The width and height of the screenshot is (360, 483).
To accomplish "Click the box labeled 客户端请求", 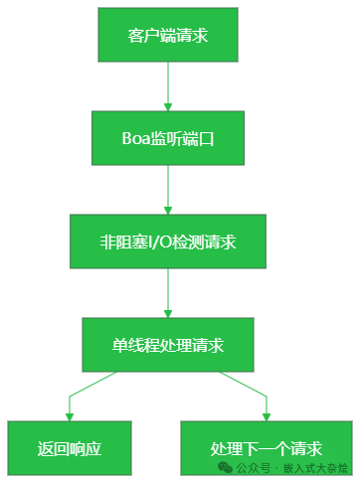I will (x=168, y=35).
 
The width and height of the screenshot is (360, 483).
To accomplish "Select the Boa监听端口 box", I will (x=168, y=138).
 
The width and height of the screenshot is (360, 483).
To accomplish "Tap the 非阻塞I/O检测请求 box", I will (x=168, y=241).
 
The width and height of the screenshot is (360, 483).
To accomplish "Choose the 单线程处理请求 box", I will (x=168, y=345).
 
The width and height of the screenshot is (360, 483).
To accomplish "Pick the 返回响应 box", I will (x=69, y=447).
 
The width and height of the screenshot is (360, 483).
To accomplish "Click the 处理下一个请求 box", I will (x=266, y=447).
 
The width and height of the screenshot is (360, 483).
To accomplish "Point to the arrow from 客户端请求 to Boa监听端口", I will (x=168, y=86).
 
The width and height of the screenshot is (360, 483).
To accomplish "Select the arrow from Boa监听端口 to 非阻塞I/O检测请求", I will (x=168, y=190).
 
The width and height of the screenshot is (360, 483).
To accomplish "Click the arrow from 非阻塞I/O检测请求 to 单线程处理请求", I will (x=168, y=293).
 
